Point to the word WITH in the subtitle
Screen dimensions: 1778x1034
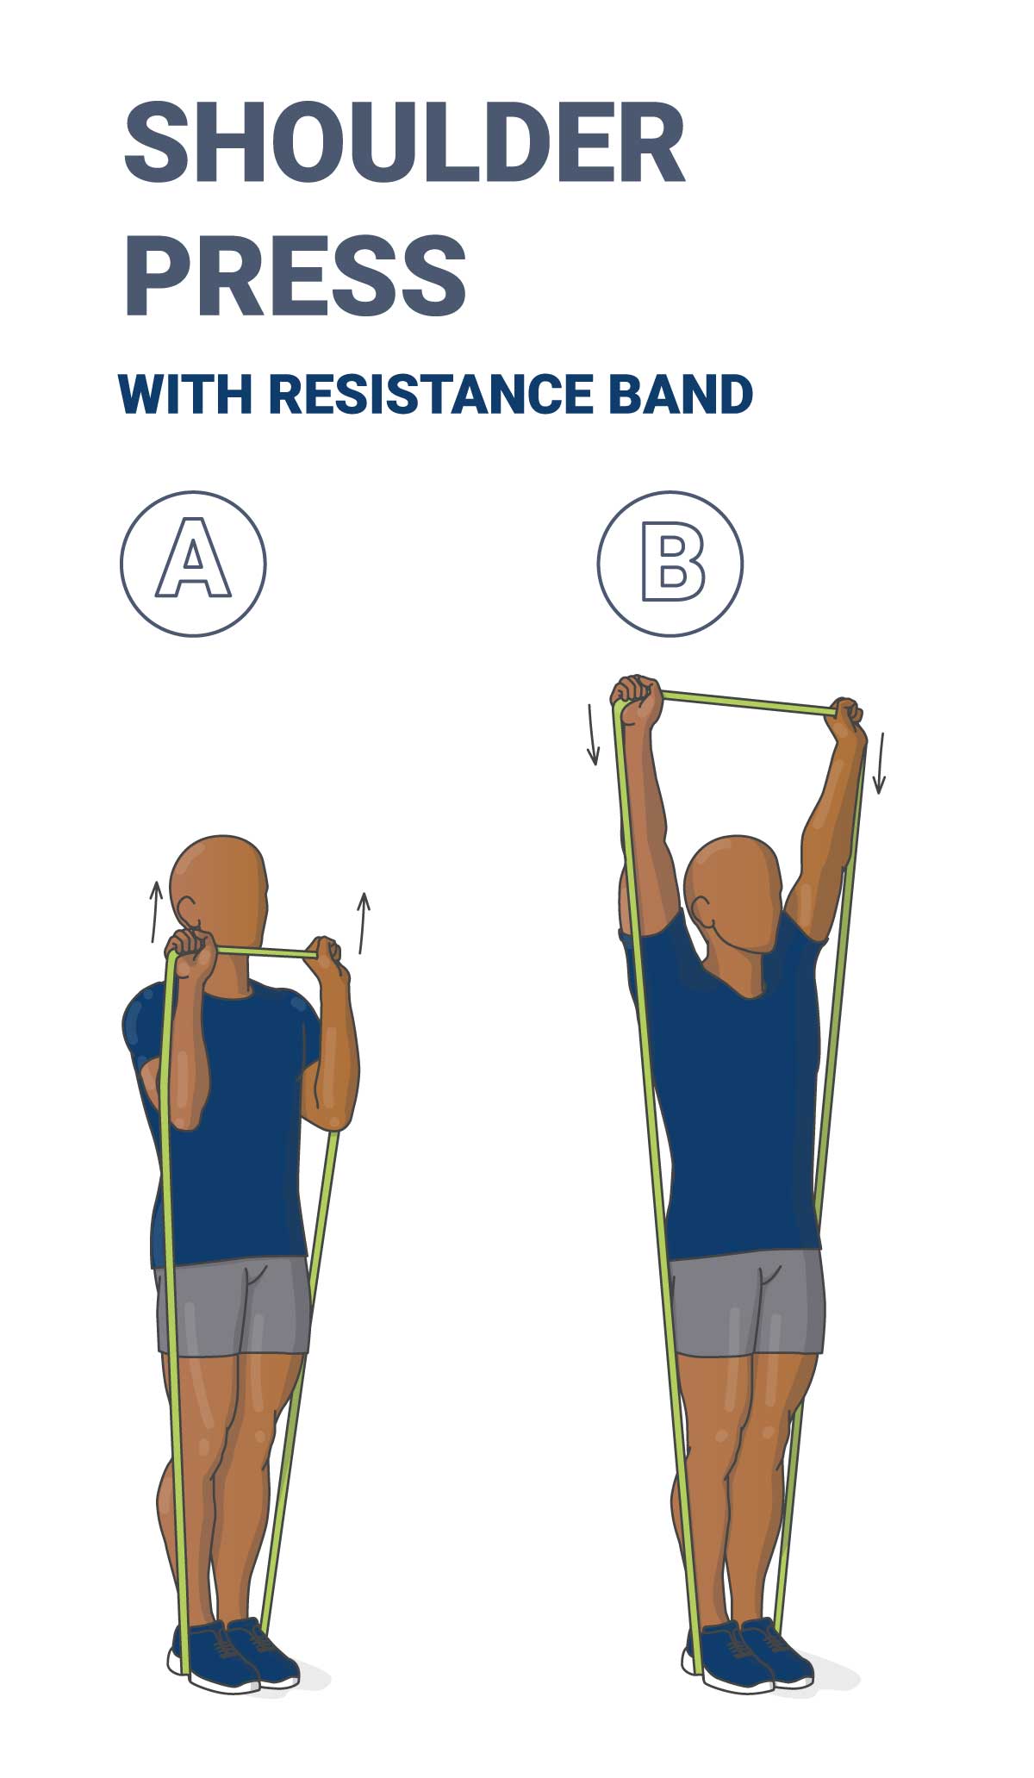(185, 394)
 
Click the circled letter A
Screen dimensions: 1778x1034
(193, 564)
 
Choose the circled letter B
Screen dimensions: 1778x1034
(670, 564)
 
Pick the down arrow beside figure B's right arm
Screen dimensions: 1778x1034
(879, 763)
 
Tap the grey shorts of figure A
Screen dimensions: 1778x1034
(233, 1306)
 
